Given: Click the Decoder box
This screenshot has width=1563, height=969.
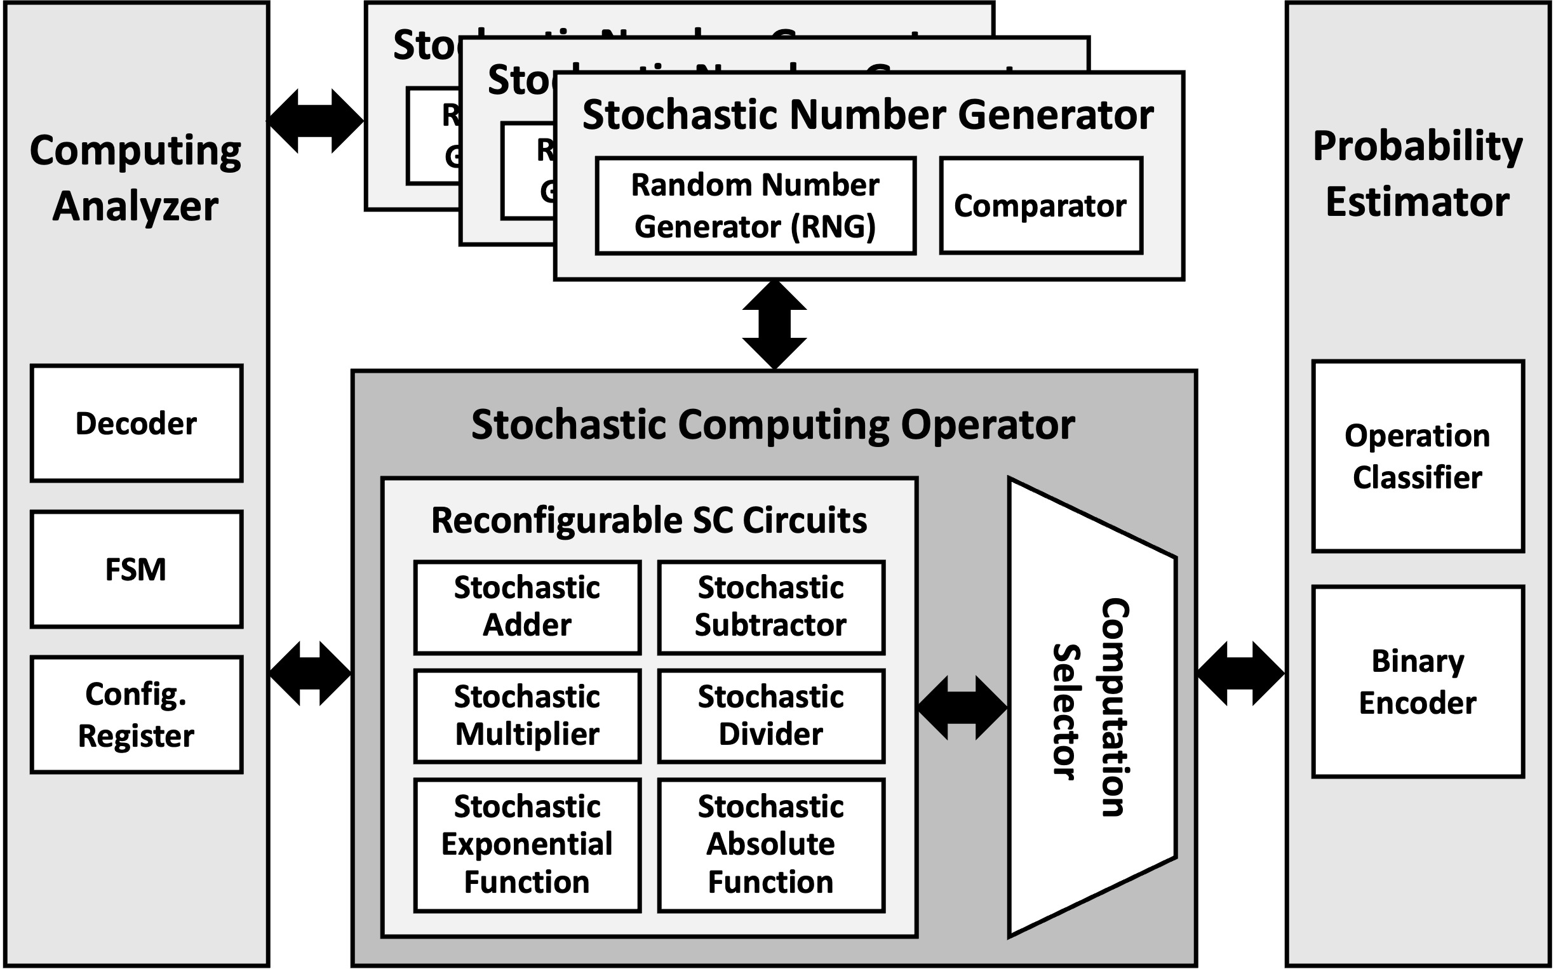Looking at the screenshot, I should pyautogui.click(x=137, y=424).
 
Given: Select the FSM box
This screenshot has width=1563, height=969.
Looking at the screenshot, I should pyautogui.click(x=137, y=569).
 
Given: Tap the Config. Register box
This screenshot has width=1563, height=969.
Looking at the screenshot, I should pyautogui.click(x=137, y=714).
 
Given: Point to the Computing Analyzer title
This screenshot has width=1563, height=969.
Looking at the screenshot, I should pyautogui.click(x=136, y=178).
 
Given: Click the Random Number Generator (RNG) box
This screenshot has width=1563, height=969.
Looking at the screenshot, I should pyautogui.click(x=755, y=206).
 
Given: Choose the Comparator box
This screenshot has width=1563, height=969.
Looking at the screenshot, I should pyautogui.click(x=1040, y=206).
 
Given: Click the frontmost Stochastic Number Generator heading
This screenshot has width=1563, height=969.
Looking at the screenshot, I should pyautogui.click(x=868, y=116).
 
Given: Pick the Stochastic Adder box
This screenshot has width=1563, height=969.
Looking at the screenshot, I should pyautogui.click(x=527, y=606).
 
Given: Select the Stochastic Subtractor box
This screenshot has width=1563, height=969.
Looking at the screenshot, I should pyautogui.click(x=771, y=606).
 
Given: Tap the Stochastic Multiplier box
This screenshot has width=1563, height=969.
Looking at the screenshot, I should pyautogui.click(x=527, y=716).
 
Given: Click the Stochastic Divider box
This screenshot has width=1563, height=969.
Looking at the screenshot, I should pyautogui.click(x=771, y=716).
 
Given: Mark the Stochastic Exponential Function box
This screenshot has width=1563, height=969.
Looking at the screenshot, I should pyautogui.click(x=527, y=844).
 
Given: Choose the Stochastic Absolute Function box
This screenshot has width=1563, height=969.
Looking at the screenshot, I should pyautogui.click(x=771, y=844).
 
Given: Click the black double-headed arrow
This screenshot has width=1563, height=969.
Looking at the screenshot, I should pyautogui.click(x=962, y=707).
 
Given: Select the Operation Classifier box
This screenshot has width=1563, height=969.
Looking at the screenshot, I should pyautogui.click(x=1418, y=457).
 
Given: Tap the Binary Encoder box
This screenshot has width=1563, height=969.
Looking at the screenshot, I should pyautogui.click(x=1418, y=682).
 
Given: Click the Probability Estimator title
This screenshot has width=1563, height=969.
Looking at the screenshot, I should pyautogui.click(x=1418, y=175).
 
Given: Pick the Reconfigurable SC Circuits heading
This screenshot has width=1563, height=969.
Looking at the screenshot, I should pyautogui.click(x=649, y=520).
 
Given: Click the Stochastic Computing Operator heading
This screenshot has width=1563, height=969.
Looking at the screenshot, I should pyautogui.click(x=773, y=425).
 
